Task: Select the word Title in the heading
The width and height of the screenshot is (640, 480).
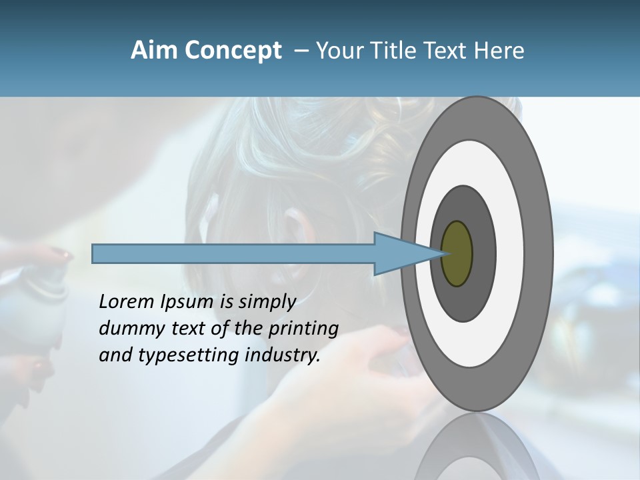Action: (392, 51)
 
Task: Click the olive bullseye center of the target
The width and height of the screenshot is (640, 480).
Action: (457, 253)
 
